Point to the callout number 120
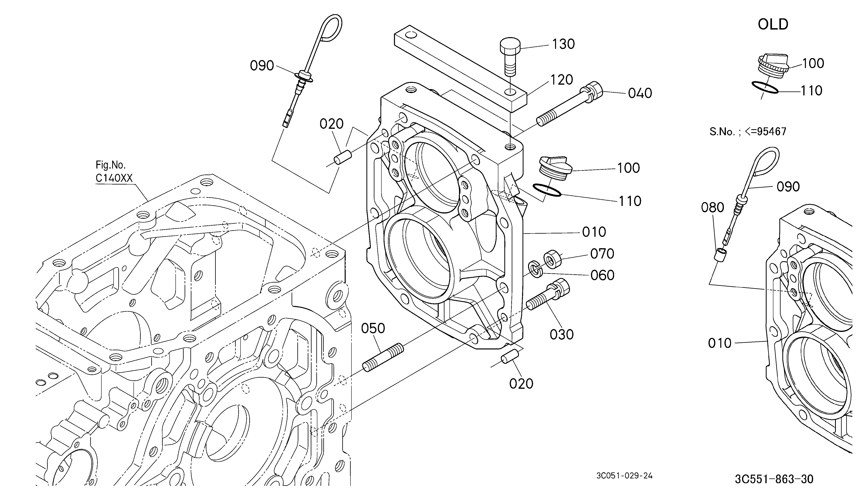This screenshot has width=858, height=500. coord(562,80)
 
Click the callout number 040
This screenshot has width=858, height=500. coord(640,93)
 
